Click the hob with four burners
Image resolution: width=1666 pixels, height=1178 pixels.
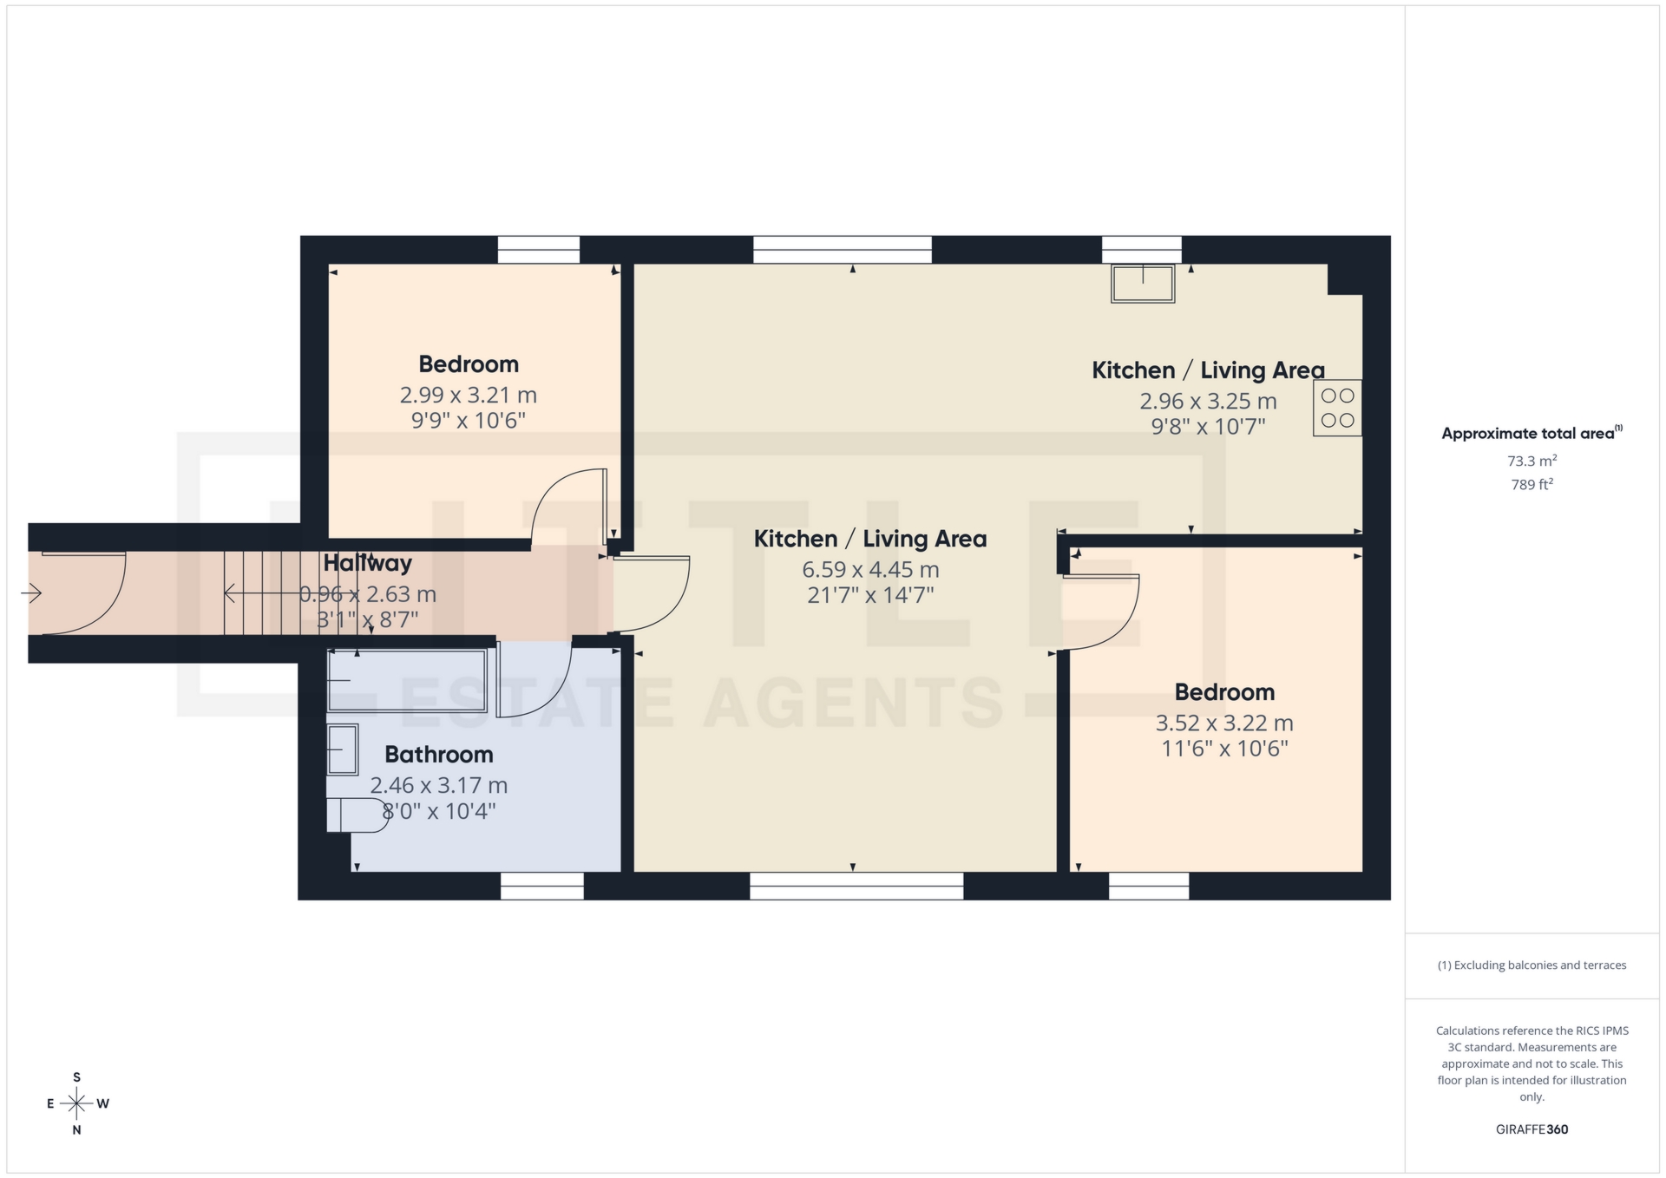pyautogui.click(x=1336, y=408)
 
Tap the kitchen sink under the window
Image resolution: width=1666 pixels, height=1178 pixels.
pyautogui.click(x=1143, y=284)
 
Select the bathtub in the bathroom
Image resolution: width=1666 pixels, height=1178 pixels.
pyautogui.click(x=406, y=681)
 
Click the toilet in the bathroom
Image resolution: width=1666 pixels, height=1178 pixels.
pyautogui.click(x=356, y=815)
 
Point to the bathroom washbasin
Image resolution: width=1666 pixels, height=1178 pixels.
pyautogui.click(x=343, y=749)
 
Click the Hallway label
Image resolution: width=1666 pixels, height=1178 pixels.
pyautogui.click(x=367, y=563)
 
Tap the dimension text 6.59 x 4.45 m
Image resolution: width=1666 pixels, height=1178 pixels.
pyautogui.click(x=870, y=570)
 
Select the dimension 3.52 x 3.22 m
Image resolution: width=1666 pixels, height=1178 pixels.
pyautogui.click(x=1223, y=723)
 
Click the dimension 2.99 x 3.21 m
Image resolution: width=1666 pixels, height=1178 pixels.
pyautogui.click(x=468, y=396)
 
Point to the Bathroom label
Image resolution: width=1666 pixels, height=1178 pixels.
pyautogui.click(x=438, y=755)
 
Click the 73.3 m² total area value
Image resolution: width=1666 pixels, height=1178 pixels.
pyautogui.click(x=1532, y=461)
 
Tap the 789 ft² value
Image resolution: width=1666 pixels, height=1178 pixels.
pyautogui.click(x=1532, y=485)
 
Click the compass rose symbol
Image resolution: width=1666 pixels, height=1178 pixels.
pyautogui.click(x=77, y=1103)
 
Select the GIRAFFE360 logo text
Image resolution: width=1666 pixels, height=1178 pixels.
pyautogui.click(x=1532, y=1129)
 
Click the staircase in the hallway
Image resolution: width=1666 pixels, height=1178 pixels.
pyautogui.click(x=260, y=593)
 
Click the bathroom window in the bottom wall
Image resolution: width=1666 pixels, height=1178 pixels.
pyautogui.click(x=542, y=886)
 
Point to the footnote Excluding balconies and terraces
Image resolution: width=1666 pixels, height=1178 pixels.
pyautogui.click(x=1532, y=965)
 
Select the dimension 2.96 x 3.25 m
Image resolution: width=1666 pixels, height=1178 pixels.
pyautogui.click(x=1208, y=402)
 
